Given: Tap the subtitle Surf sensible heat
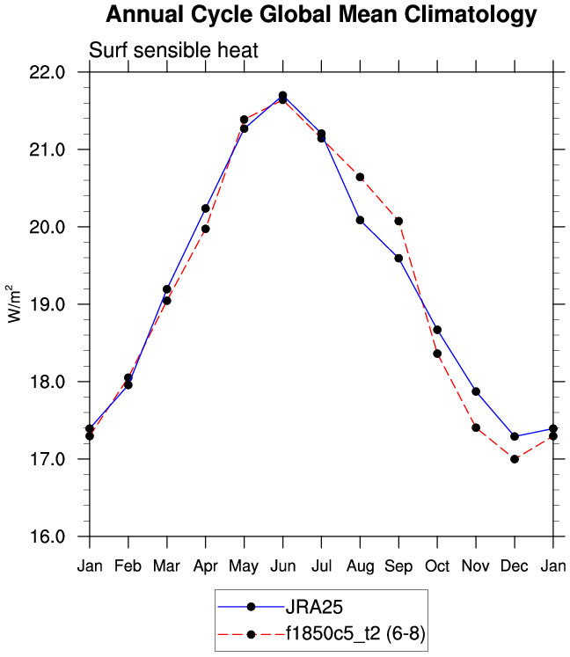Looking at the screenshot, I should pyautogui.click(x=173, y=50).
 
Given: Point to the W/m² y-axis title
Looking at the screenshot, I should pyautogui.click(x=14, y=303).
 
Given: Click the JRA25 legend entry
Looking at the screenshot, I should pyautogui.click(x=309, y=606).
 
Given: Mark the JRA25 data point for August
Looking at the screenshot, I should pyautogui.click(x=360, y=220).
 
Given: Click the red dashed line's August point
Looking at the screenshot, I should pyautogui.click(x=360, y=177).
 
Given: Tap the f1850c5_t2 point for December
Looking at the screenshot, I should pyautogui.click(x=515, y=459).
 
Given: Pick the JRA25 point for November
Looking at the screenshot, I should pyautogui.click(x=476, y=391).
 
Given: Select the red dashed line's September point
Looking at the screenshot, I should pyautogui.click(x=398, y=221).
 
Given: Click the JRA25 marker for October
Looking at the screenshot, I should pyautogui.click(x=437, y=330).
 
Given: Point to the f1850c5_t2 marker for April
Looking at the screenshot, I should pyautogui.click(x=205, y=229).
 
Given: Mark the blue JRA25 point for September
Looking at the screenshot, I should pyautogui.click(x=398, y=258).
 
